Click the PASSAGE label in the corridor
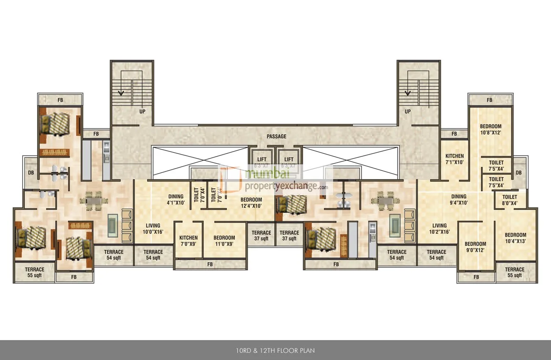tap(276, 136)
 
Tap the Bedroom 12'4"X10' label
tap(251, 202)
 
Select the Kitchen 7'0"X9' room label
tap(188, 241)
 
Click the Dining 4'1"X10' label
tap(175, 199)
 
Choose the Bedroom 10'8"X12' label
tap(490, 129)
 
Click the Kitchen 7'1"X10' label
tap(454, 159)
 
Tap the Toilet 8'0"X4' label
tap(509, 200)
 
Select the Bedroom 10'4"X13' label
tap(515, 238)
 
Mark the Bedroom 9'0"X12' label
tap(475, 247)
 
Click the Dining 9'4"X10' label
tap(459, 199)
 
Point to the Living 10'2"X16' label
tap(440, 229)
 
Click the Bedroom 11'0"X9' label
tap(224, 241)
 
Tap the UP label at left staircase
tap(142, 111)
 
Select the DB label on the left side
tap(31, 173)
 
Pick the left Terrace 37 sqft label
tap(261, 235)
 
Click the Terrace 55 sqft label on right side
tap(515, 272)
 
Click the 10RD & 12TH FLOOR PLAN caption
tap(275, 350)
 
